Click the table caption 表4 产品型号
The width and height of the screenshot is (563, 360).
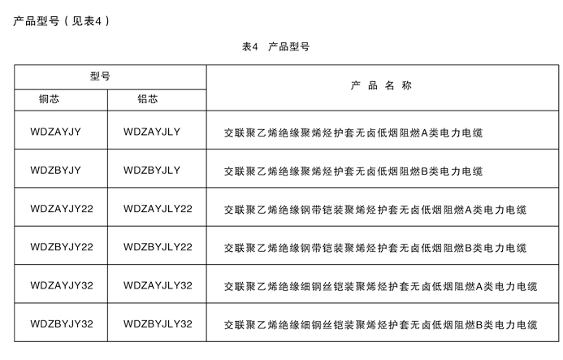[275, 46]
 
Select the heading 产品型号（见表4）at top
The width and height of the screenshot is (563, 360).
[62, 21]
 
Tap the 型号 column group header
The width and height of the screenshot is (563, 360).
[100, 76]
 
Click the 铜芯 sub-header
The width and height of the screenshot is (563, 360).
[50, 99]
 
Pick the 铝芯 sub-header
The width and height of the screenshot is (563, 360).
[148, 99]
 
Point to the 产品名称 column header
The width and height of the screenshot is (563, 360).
[381, 85]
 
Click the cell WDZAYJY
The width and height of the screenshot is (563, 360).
[56, 132]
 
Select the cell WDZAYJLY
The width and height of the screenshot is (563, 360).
[152, 132]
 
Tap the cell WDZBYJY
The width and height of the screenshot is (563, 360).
[56, 170]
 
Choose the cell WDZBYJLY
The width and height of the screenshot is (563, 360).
[152, 170]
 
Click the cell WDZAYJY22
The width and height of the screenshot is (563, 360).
[62, 208]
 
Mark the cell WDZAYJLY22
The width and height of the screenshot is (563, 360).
[158, 208]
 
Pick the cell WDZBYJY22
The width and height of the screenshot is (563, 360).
[62, 247]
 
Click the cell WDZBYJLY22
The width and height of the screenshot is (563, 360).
[158, 247]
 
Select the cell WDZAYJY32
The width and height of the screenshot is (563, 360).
[62, 285]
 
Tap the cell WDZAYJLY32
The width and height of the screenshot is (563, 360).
[158, 285]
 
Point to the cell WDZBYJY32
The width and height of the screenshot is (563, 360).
[62, 323]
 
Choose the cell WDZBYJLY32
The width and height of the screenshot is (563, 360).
[158, 323]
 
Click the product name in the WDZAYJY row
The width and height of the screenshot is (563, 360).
[353, 133]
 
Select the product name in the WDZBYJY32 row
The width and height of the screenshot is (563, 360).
[381, 325]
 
